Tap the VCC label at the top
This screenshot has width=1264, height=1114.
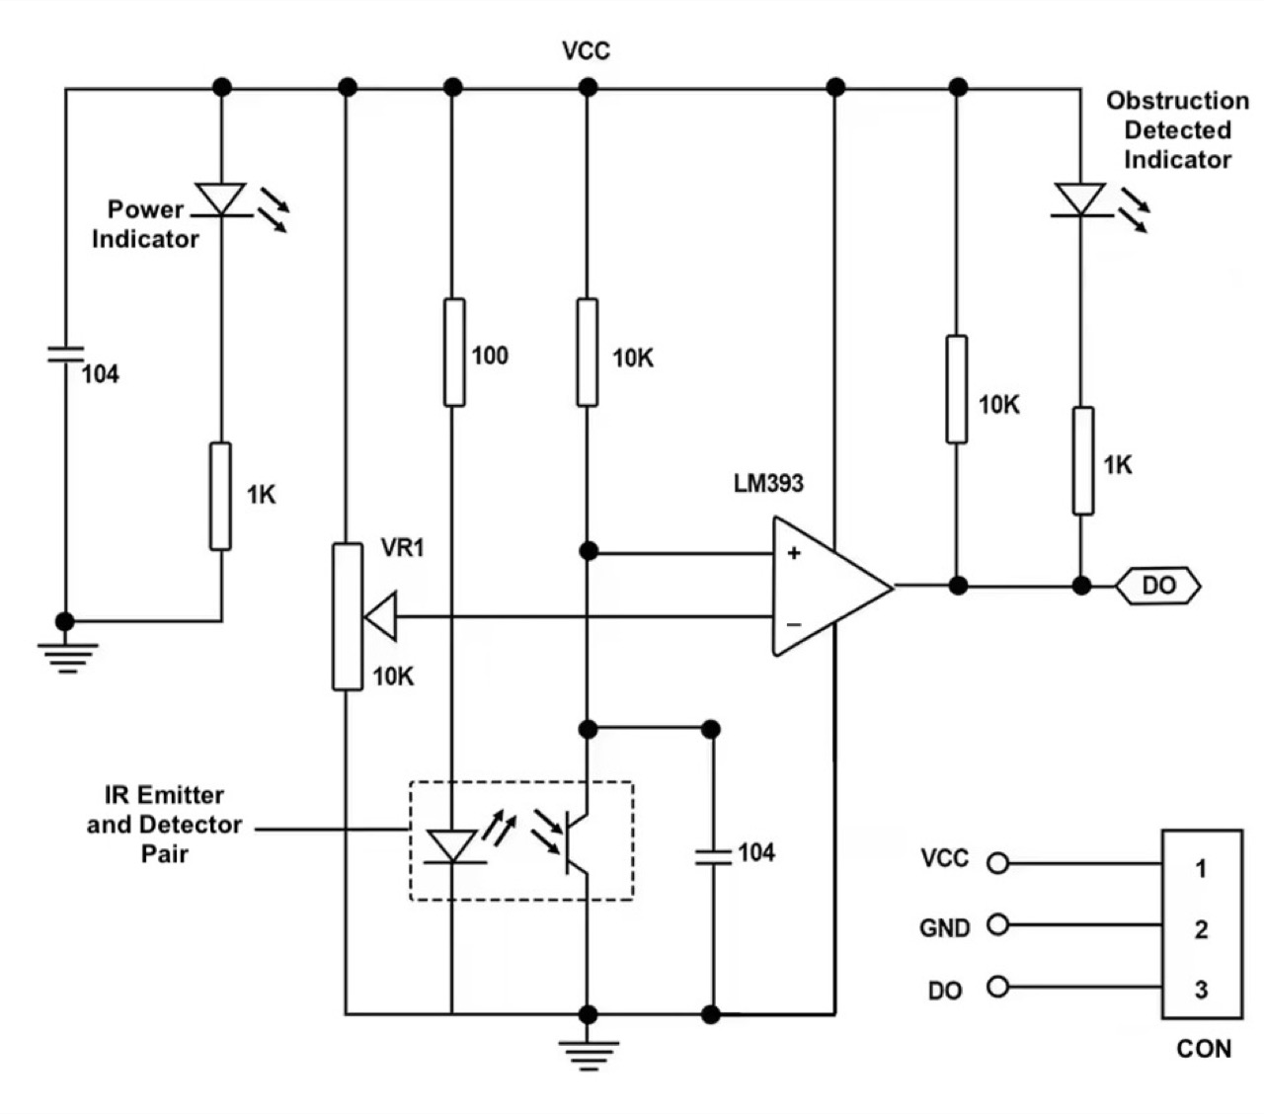586,50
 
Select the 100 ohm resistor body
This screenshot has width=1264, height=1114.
453,352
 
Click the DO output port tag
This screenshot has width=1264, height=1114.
1158,586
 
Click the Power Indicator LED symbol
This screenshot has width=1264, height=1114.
221,198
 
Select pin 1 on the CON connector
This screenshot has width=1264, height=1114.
1201,868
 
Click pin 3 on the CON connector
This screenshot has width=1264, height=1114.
1201,990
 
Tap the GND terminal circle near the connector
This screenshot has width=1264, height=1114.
998,925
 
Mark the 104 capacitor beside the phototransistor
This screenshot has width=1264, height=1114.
711,854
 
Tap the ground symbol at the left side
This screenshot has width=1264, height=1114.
66,655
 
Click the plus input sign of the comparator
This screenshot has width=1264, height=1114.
793,553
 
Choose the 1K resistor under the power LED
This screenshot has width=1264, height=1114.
220,496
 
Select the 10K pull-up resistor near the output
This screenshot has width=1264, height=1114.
956,389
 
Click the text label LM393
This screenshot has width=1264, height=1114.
768,483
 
